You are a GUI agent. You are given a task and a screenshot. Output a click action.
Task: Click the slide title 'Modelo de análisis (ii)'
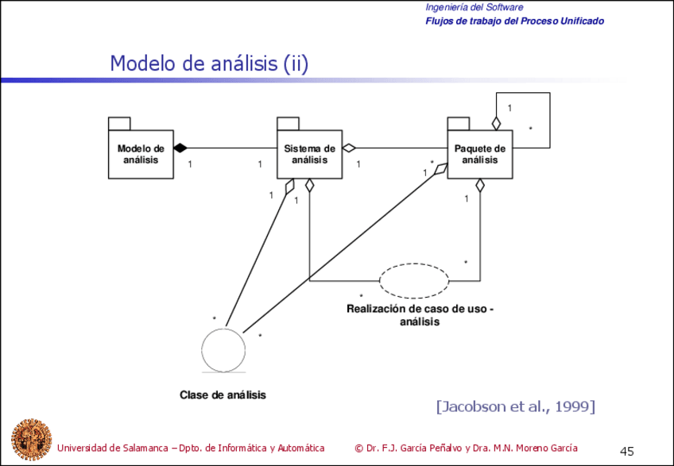pyautogui.click(x=208, y=64)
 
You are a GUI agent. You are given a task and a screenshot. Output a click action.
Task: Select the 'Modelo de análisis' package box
pyautogui.click(x=141, y=154)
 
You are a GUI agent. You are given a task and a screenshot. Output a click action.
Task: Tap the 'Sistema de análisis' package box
pyautogui.click(x=309, y=154)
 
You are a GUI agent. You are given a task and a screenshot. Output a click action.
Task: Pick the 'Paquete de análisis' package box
pyautogui.click(x=479, y=154)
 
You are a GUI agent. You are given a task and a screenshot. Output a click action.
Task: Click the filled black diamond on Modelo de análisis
pyautogui.click(x=180, y=148)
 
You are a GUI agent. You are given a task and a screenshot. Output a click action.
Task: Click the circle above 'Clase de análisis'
pyautogui.click(x=225, y=349)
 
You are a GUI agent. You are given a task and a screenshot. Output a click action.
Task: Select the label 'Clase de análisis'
pyautogui.click(x=223, y=395)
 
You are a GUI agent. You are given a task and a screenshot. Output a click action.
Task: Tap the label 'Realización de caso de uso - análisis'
pyautogui.click(x=420, y=315)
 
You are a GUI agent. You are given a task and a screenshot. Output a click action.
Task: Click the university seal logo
pyautogui.click(x=30, y=439)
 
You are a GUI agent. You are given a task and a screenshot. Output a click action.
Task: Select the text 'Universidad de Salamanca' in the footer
pyautogui.click(x=111, y=448)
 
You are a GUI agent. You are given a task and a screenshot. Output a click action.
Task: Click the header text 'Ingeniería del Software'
pyautogui.click(x=474, y=7)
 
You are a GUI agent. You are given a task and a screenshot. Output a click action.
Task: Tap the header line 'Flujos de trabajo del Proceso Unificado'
pyautogui.click(x=514, y=21)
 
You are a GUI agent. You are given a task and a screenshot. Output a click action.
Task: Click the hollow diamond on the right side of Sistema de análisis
pyautogui.click(x=348, y=148)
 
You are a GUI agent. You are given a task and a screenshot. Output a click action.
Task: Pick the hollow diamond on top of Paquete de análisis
pyautogui.click(x=495, y=123)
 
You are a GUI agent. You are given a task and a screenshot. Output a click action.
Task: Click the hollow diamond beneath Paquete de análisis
pyautogui.click(x=479, y=186)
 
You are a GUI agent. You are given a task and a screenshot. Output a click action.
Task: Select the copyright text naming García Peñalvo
pyautogui.click(x=466, y=448)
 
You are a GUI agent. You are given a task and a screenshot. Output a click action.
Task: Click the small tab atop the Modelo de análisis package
pyautogui.click(x=119, y=122)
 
